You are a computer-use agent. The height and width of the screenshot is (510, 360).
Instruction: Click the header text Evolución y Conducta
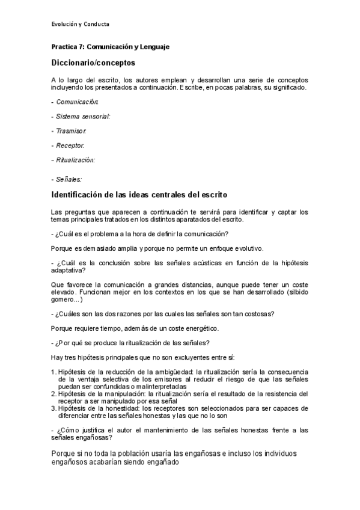[x=81, y=24]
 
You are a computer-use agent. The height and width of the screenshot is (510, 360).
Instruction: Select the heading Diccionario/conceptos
[x=93, y=62]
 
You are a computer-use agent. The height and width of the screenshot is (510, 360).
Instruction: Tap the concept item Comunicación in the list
[x=78, y=102]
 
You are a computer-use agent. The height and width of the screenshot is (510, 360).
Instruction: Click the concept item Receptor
[x=70, y=146]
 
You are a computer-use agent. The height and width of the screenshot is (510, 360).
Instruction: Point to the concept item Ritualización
[x=76, y=160]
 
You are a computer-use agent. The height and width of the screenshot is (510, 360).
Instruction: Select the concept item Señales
[x=69, y=179]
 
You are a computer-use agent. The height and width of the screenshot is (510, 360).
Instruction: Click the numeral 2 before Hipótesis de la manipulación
[x=53, y=393]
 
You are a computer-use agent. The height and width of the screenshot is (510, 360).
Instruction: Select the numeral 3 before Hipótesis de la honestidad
[x=53, y=407]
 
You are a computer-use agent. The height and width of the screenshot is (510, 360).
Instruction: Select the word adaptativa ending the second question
[x=69, y=270]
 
